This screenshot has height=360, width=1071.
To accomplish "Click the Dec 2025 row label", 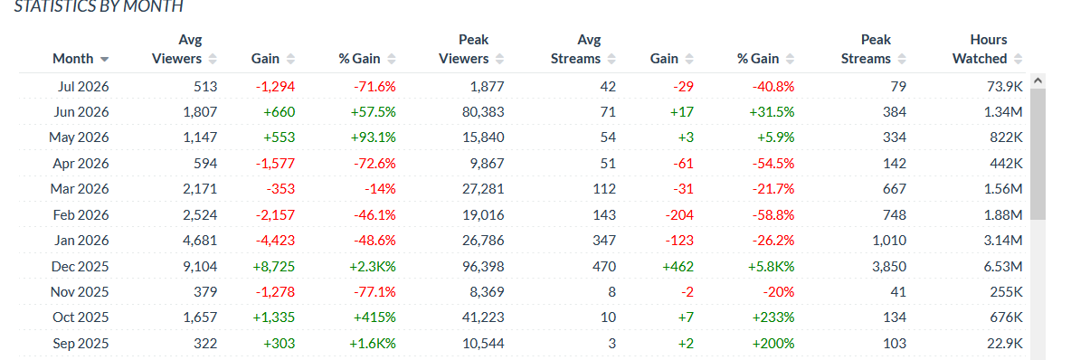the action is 80,267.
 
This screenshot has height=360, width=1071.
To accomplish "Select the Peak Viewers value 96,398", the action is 481,267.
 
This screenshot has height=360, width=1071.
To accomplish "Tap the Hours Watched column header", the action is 981,49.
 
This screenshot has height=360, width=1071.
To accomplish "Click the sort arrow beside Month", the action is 105,59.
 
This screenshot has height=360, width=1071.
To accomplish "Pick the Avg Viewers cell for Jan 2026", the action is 200,241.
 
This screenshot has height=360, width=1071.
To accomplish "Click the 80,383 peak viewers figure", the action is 481,111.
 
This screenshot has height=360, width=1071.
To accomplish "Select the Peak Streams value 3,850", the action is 888,267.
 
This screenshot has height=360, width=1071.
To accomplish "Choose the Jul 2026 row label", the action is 82,86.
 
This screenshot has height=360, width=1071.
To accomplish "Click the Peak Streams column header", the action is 866,49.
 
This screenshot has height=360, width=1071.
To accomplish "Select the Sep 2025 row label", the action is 80,344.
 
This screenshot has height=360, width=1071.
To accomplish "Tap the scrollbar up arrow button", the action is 1038,81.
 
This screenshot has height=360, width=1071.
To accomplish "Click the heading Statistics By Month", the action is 99,7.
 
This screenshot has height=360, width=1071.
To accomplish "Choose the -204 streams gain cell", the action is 678,214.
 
